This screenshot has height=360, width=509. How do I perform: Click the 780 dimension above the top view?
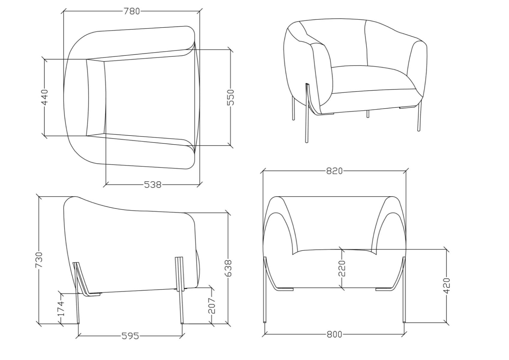tap(132, 11)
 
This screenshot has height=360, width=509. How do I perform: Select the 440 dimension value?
tap(45, 97)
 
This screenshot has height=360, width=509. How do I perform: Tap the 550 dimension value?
tap(230, 97)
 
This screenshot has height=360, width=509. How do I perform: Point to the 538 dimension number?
tap(153, 185)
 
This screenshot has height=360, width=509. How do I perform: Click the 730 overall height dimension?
tap(39, 260)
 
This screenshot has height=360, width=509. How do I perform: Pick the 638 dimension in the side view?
tap(228, 268)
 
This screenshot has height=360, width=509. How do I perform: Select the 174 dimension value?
tap(61, 309)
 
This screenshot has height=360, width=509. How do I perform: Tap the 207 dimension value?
tap(212, 306)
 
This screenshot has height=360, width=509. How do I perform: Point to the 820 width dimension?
tap(335, 171)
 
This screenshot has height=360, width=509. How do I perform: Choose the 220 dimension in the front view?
tap(342, 268)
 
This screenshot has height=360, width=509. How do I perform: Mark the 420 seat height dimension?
tap(447, 286)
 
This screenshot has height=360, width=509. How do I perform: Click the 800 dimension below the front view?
tap(335, 334)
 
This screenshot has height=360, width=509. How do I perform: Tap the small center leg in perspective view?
tap(368, 114)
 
